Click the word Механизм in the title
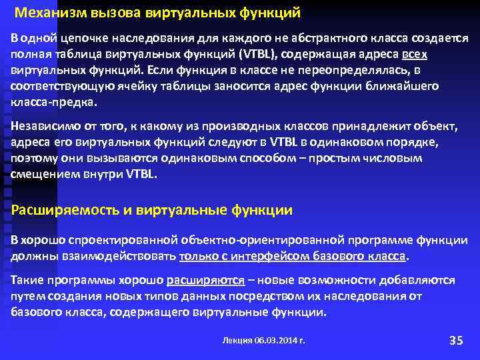tap(45, 13)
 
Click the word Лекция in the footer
tap(237, 340)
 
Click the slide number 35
tap(456, 340)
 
